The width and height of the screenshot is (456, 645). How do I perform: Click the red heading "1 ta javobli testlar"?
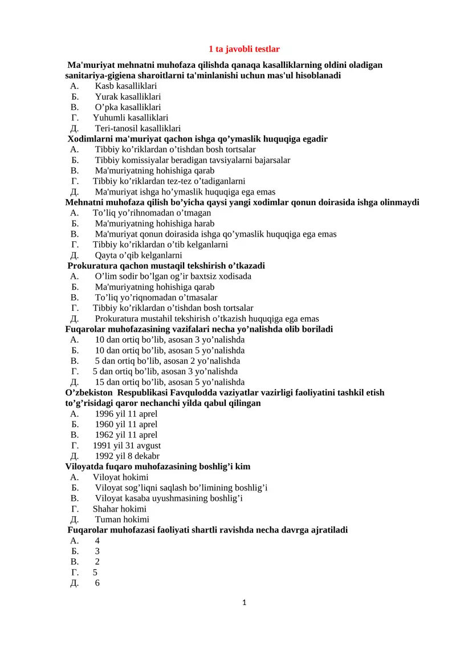coord(244,50)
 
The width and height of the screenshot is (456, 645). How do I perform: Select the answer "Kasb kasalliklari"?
coord(125,86)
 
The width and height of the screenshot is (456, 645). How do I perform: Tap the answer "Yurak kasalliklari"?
coord(128,96)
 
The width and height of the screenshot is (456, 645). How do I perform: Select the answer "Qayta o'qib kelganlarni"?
coord(139,255)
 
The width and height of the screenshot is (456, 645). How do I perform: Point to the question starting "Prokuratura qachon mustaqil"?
coord(166,266)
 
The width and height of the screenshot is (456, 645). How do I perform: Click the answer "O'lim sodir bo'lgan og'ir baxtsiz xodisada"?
coord(173,277)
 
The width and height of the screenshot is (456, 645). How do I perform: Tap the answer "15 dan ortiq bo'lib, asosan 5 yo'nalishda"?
coord(169,382)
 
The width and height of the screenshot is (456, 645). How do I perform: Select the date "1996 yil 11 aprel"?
coord(126,414)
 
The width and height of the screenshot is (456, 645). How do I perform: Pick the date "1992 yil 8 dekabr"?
coord(127,456)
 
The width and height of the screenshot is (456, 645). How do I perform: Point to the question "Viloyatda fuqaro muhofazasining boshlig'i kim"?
coord(158,466)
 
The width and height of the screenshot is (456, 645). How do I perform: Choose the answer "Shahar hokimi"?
coord(119,509)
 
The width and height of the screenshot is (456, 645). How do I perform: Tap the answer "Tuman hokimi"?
coord(122,520)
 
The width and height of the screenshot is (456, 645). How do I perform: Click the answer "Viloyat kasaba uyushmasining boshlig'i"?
coord(169,498)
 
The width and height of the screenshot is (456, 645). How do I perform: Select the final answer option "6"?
coord(97,583)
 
